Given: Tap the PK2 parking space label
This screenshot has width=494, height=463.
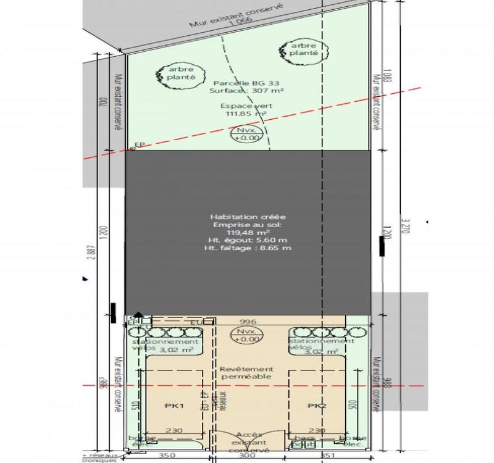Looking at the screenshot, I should (x=317, y=406).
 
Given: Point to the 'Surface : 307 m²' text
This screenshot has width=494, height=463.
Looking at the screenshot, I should (x=246, y=91).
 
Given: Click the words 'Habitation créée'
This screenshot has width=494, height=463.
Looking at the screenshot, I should (x=246, y=217).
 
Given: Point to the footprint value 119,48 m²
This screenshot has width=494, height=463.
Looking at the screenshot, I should (x=247, y=233).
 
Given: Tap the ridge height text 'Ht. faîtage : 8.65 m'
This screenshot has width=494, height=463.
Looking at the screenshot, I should (x=247, y=248).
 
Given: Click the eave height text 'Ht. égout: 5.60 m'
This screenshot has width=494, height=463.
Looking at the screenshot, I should (x=247, y=240).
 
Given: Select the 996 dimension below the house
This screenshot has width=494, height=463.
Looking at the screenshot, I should (x=247, y=321).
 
